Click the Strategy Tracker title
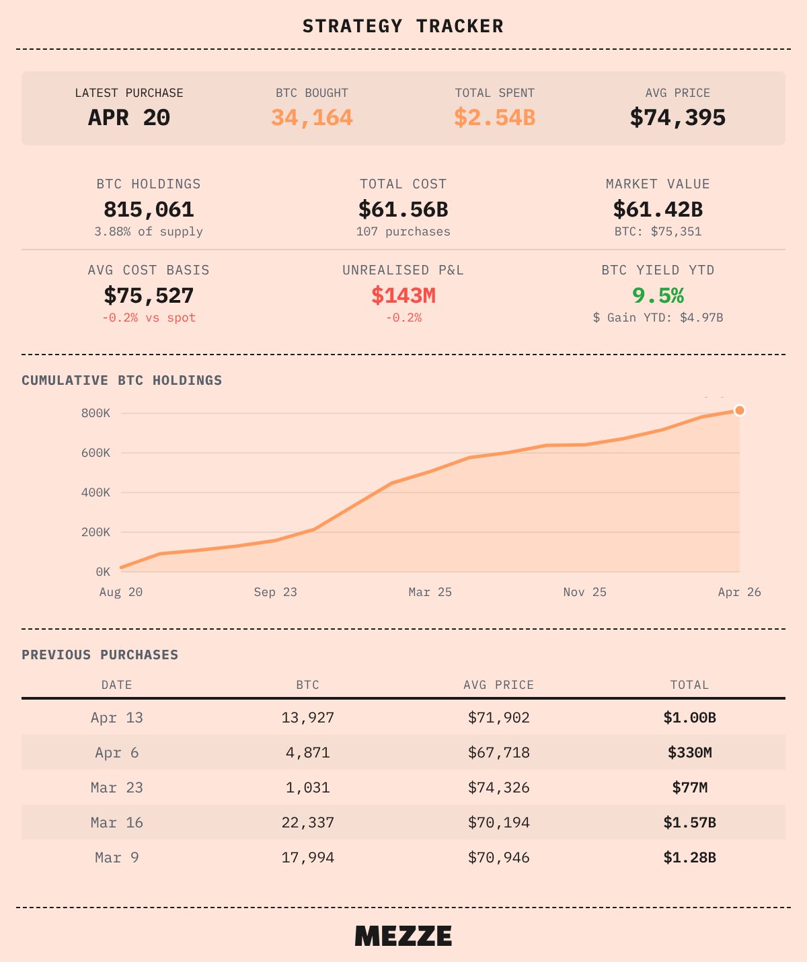coord(403,26)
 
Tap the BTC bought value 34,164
coord(312,118)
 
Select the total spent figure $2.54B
coord(494,118)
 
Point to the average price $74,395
coord(677,118)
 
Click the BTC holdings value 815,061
coord(149,210)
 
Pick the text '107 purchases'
coord(403,231)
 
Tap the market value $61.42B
coord(658,210)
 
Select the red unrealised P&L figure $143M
coord(403,295)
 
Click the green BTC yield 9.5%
coord(658,295)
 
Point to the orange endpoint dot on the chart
coord(740,410)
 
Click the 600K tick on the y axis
coord(95,453)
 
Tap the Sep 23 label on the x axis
coord(275,592)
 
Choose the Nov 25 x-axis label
coord(584,592)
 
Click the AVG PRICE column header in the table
coord(498,685)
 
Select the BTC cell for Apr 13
coord(307,718)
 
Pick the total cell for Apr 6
coord(689,753)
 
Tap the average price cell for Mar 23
coord(498,788)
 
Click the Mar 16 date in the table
coord(117,823)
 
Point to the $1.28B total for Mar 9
coord(689,858)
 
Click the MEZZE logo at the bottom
coord(403,936)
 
